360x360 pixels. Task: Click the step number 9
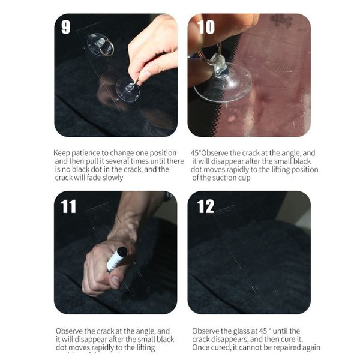pos(65,28)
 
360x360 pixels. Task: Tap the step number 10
pos(205,28)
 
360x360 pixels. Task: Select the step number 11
pos(68,206)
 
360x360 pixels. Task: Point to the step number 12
pos(205,206)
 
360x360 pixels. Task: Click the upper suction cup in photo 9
pos(100,44)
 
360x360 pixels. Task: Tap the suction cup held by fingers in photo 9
pos(128,89)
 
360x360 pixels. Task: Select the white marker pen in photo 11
pos(116,259)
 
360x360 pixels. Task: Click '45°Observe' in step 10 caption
pos(211,153)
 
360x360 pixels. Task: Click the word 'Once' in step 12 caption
pos(201,347)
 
